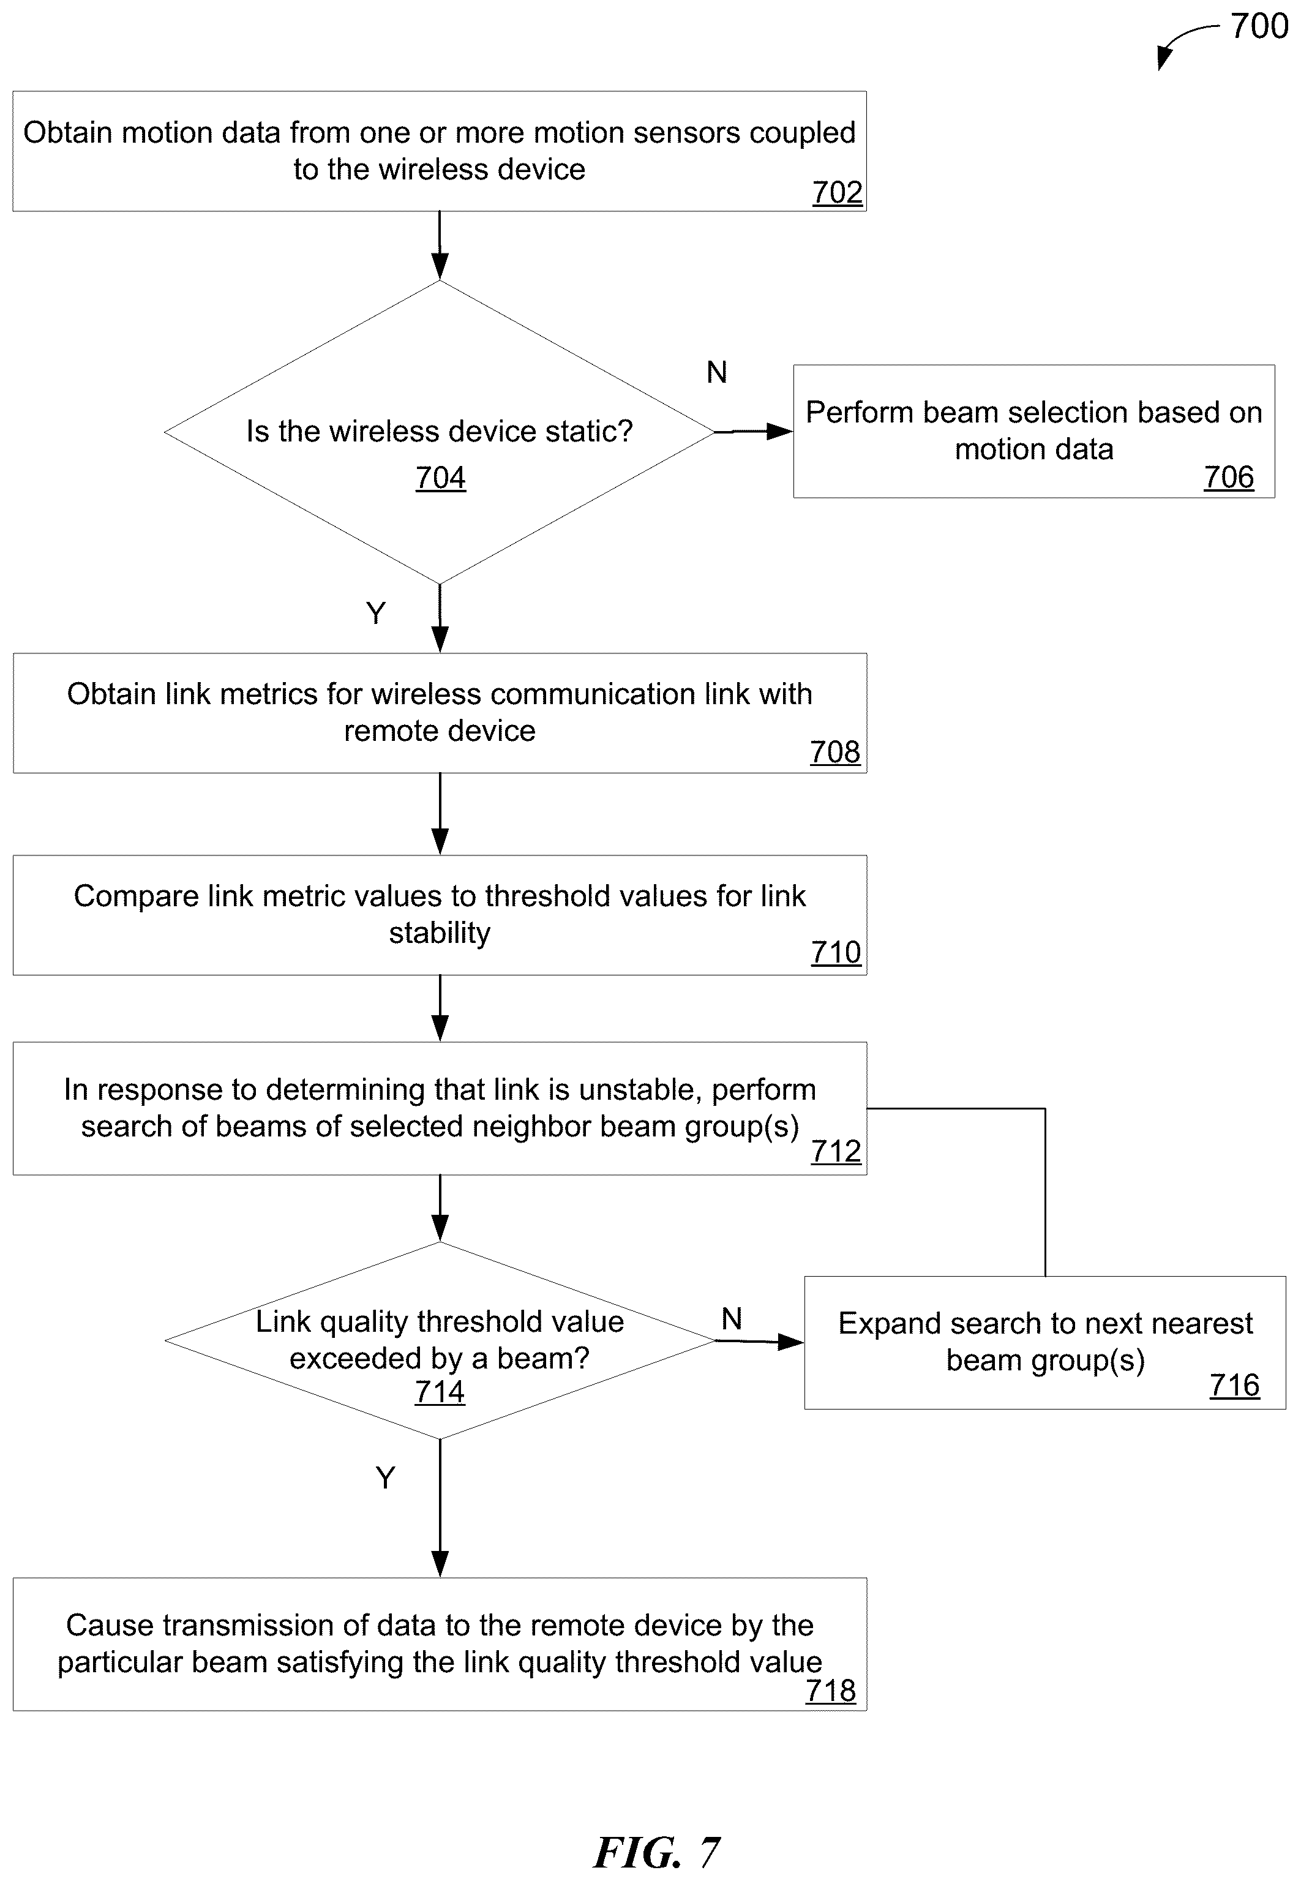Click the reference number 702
(837, 192)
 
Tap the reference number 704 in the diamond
(440, 477)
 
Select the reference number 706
(1229, 477)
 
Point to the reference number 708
(834, 752)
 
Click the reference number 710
(836, 952)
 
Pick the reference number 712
(836, 1151)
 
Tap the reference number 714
(440, 1392)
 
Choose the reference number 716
(1234, 1385)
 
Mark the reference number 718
(831, 1691)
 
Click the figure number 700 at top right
(1259, 26)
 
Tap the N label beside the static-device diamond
(716, 373)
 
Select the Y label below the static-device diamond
(376, 613)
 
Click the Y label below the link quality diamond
(386, 1477)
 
